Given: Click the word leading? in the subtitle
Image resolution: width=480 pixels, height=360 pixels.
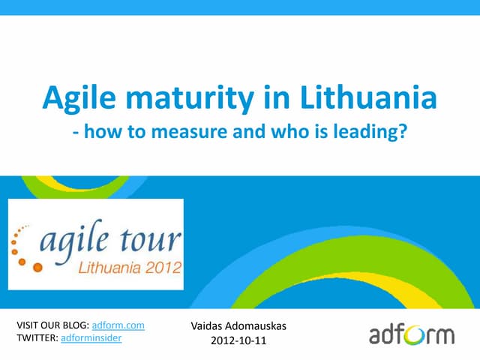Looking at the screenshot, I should pos(373,133).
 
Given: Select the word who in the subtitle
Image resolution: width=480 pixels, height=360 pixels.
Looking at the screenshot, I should pos(295,132).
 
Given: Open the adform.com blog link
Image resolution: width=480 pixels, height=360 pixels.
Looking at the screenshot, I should pos(118,325).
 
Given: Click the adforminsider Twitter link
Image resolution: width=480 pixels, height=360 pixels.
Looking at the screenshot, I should pos(91,339).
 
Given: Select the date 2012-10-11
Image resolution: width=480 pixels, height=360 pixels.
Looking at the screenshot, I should pos(238,341).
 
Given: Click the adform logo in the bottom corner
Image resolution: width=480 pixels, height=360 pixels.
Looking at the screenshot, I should pos(411,333).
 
